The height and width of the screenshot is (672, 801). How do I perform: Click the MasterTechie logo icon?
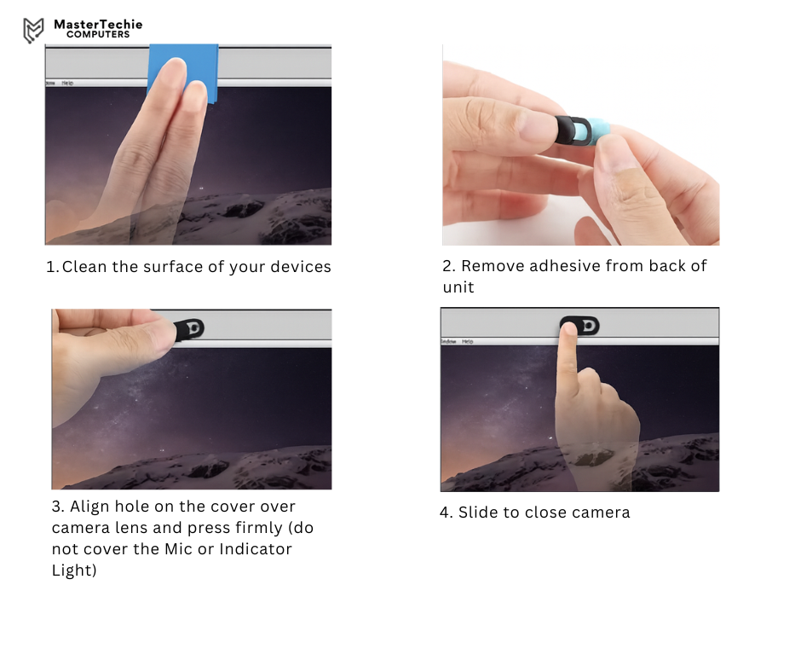coord(33,30)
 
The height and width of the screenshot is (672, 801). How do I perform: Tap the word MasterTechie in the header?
coord(98,24)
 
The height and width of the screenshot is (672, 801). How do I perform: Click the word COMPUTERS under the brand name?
coord(98,35)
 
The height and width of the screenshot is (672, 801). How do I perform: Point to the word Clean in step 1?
coord(84,266)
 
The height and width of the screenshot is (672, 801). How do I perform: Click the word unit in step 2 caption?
coord(458,287)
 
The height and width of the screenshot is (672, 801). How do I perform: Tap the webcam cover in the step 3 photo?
coord(191,329)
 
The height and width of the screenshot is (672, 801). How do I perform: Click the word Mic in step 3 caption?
coord(178,548)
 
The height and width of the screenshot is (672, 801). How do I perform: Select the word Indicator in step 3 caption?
coord(256,548)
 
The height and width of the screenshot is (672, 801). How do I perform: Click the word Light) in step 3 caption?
coord(74,571)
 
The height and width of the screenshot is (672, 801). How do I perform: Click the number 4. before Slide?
coord(446,513)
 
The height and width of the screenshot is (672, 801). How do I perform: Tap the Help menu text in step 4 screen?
coord(468,341)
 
